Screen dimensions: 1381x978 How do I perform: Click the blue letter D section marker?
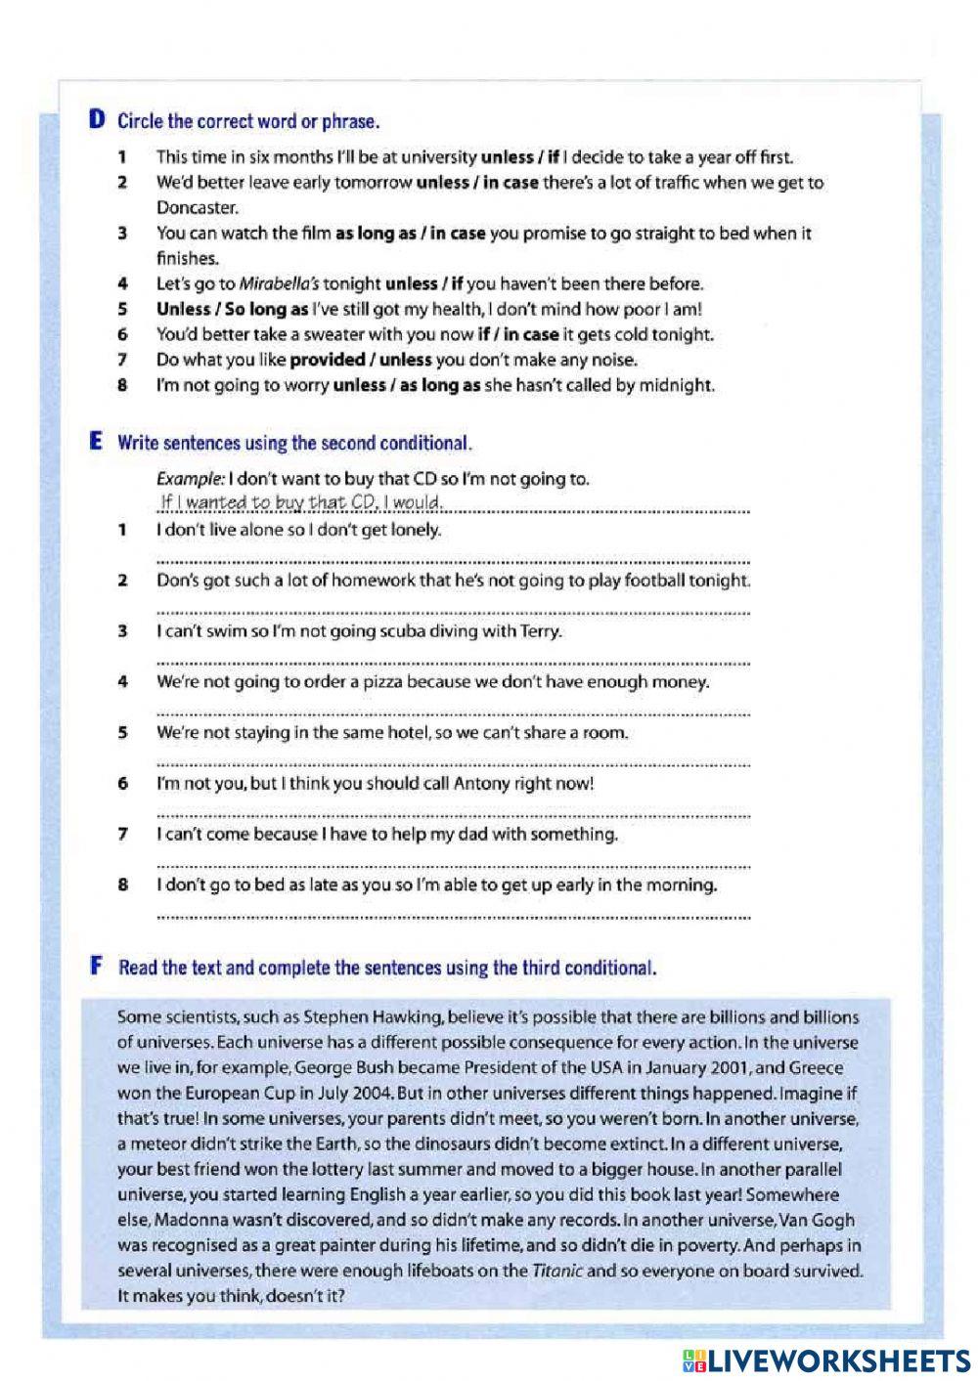tap(97, 121)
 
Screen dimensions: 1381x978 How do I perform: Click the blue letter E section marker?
tap(96, 442)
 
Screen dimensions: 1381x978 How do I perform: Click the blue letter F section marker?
tap(97, 968)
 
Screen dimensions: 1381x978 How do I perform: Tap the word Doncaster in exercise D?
tap(197, 207)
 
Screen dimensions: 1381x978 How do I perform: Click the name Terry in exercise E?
tap(538, 630)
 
